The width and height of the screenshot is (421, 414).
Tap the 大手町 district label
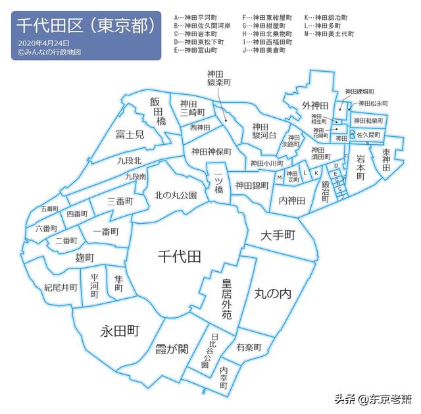tap(276, 235)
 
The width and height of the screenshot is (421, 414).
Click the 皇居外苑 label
tap(226, 299)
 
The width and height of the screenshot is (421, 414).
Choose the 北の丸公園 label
tap(176, 195)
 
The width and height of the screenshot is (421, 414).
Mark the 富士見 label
tap(130, 135)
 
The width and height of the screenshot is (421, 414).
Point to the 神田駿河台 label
tap(260, 131)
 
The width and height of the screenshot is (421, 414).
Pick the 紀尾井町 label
tap(61, 288)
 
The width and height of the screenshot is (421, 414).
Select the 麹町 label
tap(84, 257)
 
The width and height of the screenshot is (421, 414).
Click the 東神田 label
tap(386, 160)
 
